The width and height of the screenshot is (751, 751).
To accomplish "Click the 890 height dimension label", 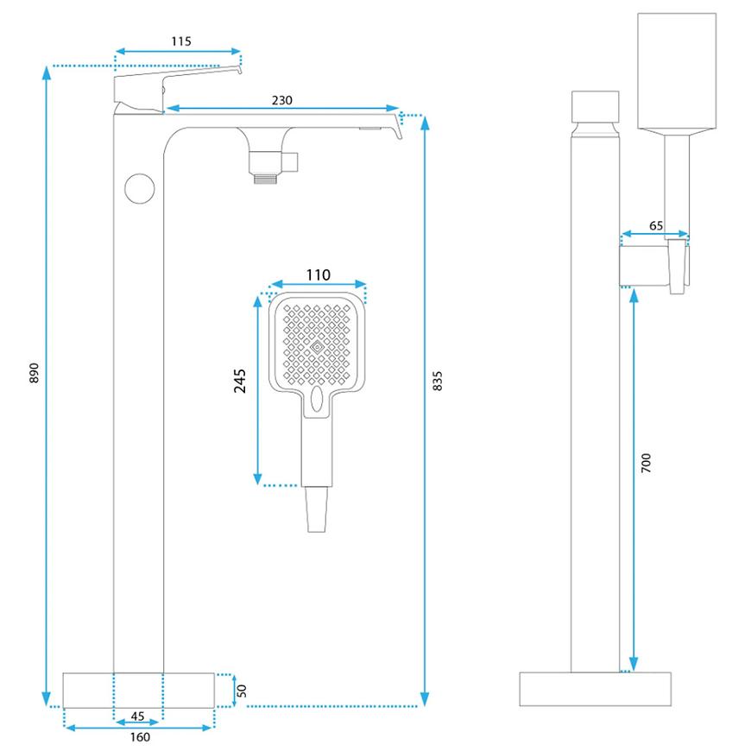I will [34, 372].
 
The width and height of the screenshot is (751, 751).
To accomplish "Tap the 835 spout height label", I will [437, 381].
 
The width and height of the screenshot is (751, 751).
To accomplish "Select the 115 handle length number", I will [181, 41].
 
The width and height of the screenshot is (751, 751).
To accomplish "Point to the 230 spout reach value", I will [281, 100].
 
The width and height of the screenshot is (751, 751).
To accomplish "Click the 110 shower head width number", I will [319, 275].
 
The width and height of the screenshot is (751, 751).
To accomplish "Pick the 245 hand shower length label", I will [240, 381].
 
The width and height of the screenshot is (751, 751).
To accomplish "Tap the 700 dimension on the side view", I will [647, 462].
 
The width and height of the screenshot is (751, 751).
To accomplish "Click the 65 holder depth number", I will [656, 225].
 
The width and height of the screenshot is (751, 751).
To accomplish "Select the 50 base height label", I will [243, 690].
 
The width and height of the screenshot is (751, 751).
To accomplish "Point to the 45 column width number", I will [138, 716].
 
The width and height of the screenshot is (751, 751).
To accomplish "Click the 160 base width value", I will [140, 737].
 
